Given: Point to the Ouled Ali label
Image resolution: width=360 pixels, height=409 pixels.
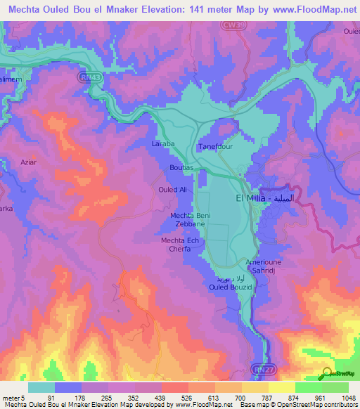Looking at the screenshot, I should [172, 190].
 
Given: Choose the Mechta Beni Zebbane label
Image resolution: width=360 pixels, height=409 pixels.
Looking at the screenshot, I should [187, 219].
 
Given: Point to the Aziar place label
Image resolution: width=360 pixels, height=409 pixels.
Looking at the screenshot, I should [29, 162].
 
